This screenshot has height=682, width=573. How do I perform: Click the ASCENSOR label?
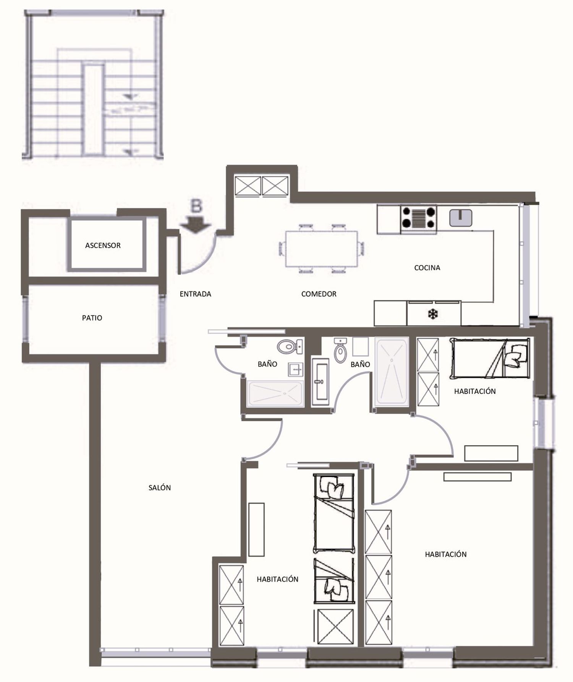[103, 246]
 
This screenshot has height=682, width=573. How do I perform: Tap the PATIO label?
[92, 318]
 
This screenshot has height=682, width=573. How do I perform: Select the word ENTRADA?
[195, 294]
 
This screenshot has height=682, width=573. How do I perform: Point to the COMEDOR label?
[319, 294]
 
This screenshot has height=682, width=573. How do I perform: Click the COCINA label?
[427, 268]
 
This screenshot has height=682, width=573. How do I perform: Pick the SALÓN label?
[160, 488]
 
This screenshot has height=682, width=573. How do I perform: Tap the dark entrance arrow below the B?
[196, 225]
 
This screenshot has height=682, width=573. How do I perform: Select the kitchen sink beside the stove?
[461, 218]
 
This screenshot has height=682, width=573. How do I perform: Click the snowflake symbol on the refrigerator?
[433, 315]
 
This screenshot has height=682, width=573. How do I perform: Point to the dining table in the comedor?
[322, 249]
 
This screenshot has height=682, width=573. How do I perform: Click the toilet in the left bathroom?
[290, 347]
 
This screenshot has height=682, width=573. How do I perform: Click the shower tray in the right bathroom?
[392, 372]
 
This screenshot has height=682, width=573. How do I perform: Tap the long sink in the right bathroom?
[320, 381]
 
